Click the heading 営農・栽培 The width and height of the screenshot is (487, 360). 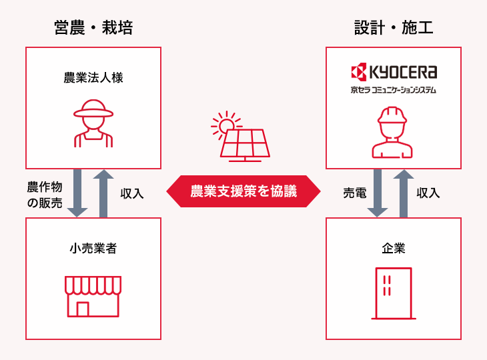tap(93, 27)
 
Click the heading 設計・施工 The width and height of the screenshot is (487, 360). tap(394, 27)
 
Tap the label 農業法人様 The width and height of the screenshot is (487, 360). tap(93, 78)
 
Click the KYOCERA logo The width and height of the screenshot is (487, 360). tap(394, 71)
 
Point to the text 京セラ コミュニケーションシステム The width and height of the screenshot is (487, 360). tap(394, 89)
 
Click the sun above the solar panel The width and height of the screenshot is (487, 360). tap(225, 123)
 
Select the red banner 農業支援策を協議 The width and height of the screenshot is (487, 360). tap(243, 192)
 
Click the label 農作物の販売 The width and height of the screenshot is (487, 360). tap(45, 194)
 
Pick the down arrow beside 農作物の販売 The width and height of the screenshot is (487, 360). tap(77, 193)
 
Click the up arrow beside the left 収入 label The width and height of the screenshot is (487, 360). tap(103, 193)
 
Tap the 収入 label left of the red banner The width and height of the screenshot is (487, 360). tap(131, 193)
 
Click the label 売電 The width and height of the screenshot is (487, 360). tap(354, 193)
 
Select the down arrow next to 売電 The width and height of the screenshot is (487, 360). tap(378, 193)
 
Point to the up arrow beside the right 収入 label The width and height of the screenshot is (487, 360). tap(404, 193)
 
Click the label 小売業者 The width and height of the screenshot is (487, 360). tap(93, 249)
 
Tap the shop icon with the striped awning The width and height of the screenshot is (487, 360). tap(93, 295)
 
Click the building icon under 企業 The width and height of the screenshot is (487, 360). tap(394, 294)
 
